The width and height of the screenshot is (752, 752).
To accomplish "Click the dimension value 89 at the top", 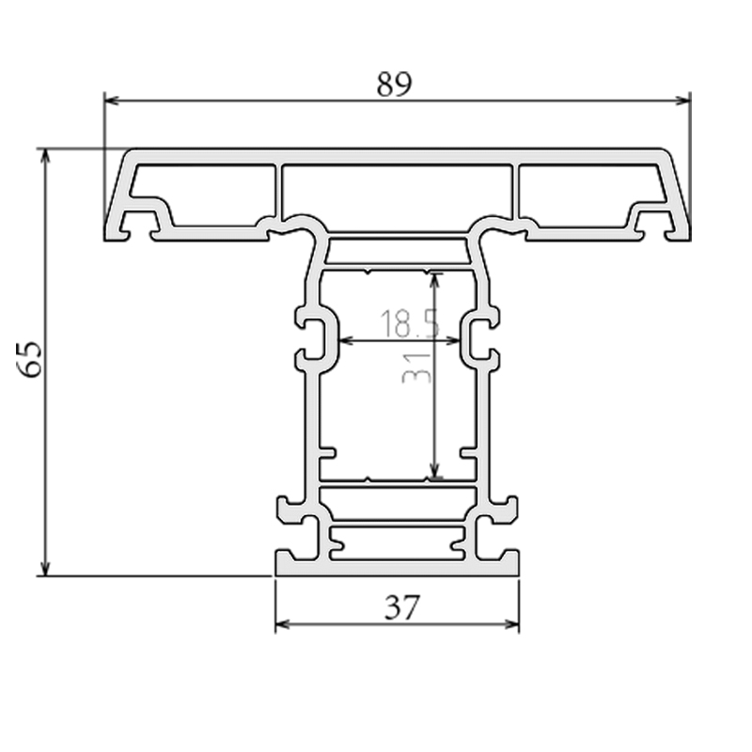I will (395, 84).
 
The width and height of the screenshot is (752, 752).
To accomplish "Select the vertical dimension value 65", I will (30, 359).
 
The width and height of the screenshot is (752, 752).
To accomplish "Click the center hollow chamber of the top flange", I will (397, 193).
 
